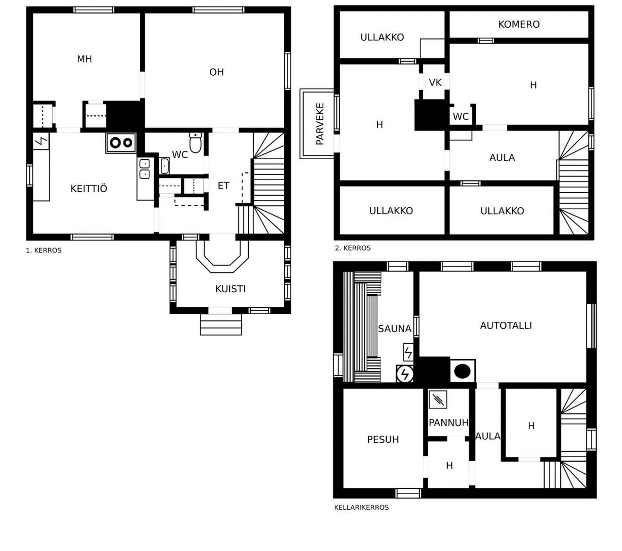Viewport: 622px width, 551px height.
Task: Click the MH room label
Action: pos(84,59)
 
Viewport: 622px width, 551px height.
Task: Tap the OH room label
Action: pos(216,72)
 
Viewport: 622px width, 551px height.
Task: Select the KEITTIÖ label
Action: pos(89,188)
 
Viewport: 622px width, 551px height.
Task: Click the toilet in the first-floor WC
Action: pos(195,143)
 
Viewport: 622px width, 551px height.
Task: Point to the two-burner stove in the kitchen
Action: pos(121,143)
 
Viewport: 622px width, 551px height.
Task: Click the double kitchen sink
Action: pos(144,169)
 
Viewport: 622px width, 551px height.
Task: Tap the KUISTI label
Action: pos(230,289)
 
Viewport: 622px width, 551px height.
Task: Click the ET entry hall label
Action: pos(223,185)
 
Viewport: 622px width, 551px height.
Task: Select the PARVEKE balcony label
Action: pos(320,124)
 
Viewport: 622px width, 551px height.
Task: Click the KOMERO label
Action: pos(518,24)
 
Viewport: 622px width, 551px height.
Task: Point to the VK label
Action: pos(435,83)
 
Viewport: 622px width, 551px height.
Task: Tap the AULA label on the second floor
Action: pos(501,158)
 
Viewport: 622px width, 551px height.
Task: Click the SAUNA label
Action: pos(395,329)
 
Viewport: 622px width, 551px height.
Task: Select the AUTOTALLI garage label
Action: pos(506,325)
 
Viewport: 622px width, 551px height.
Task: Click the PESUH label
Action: pos(383,439)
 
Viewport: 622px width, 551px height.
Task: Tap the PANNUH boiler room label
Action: pos(448,422)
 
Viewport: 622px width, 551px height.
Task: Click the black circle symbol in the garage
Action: pos(462,371)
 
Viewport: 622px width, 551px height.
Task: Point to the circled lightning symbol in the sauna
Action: pos(405,374)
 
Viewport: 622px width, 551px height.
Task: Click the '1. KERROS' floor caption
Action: pos(44,250)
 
